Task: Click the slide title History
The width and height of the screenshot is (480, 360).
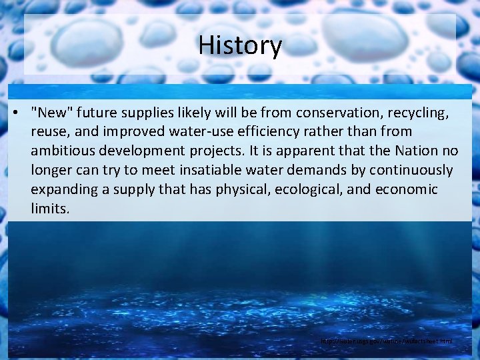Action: click(x=240, y=46)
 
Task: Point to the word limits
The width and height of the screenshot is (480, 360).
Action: click(x=50, y=209)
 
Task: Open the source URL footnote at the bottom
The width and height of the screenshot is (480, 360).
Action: click(x=386, y=341)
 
